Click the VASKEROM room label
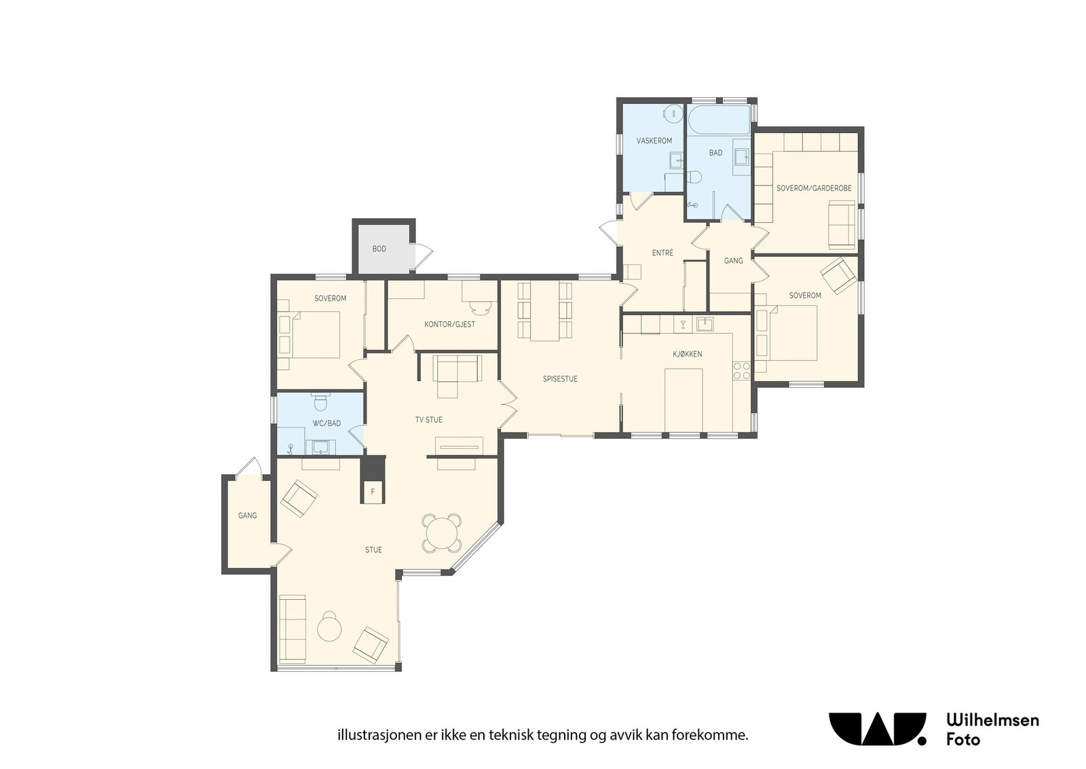654,141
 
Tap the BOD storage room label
379,249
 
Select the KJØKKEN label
687,354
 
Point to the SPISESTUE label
560,379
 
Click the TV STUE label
428,420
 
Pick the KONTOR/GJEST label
449,324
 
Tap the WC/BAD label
326,423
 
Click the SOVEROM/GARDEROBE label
814,188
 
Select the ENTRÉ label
662,253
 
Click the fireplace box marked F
373,492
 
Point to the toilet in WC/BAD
320,401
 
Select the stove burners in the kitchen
741,371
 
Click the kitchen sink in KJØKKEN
705,323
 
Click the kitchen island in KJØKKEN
684,399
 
